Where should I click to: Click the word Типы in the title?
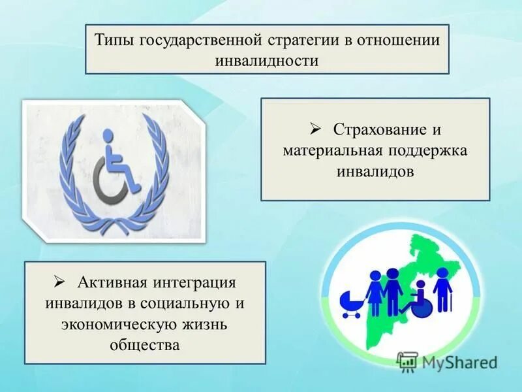tap(114, 41)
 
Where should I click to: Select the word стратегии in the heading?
tap(301, 41)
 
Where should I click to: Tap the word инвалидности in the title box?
tap(266, 61)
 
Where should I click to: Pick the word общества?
tap(145, 344)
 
